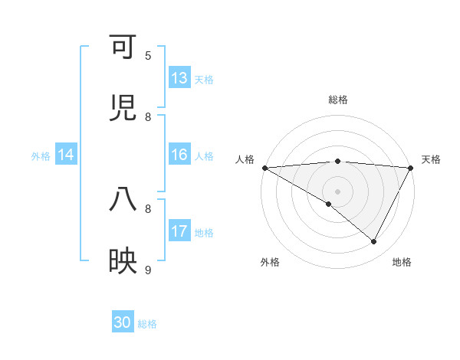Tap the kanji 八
[x=123, y=200]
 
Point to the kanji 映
[x=123, y=261]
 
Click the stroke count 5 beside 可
[x=148, y=56]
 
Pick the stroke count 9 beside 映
[x=148, y=270]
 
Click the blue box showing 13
[x=179, y=78]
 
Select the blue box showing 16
[x=179, y=155]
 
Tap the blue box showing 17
[x=179, y=231]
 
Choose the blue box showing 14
[x=66, y=155]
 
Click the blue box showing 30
[x=123, y=322]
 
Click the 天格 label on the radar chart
[x=431, y=159]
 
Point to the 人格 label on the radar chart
[x=245, y=159]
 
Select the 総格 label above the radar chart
[x=338, y=100]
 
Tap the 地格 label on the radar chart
[x=402, y=262]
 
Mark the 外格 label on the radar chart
[x=270, y=262]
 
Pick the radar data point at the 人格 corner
[x=264, y=168]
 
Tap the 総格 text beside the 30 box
[x=148, y=324]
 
